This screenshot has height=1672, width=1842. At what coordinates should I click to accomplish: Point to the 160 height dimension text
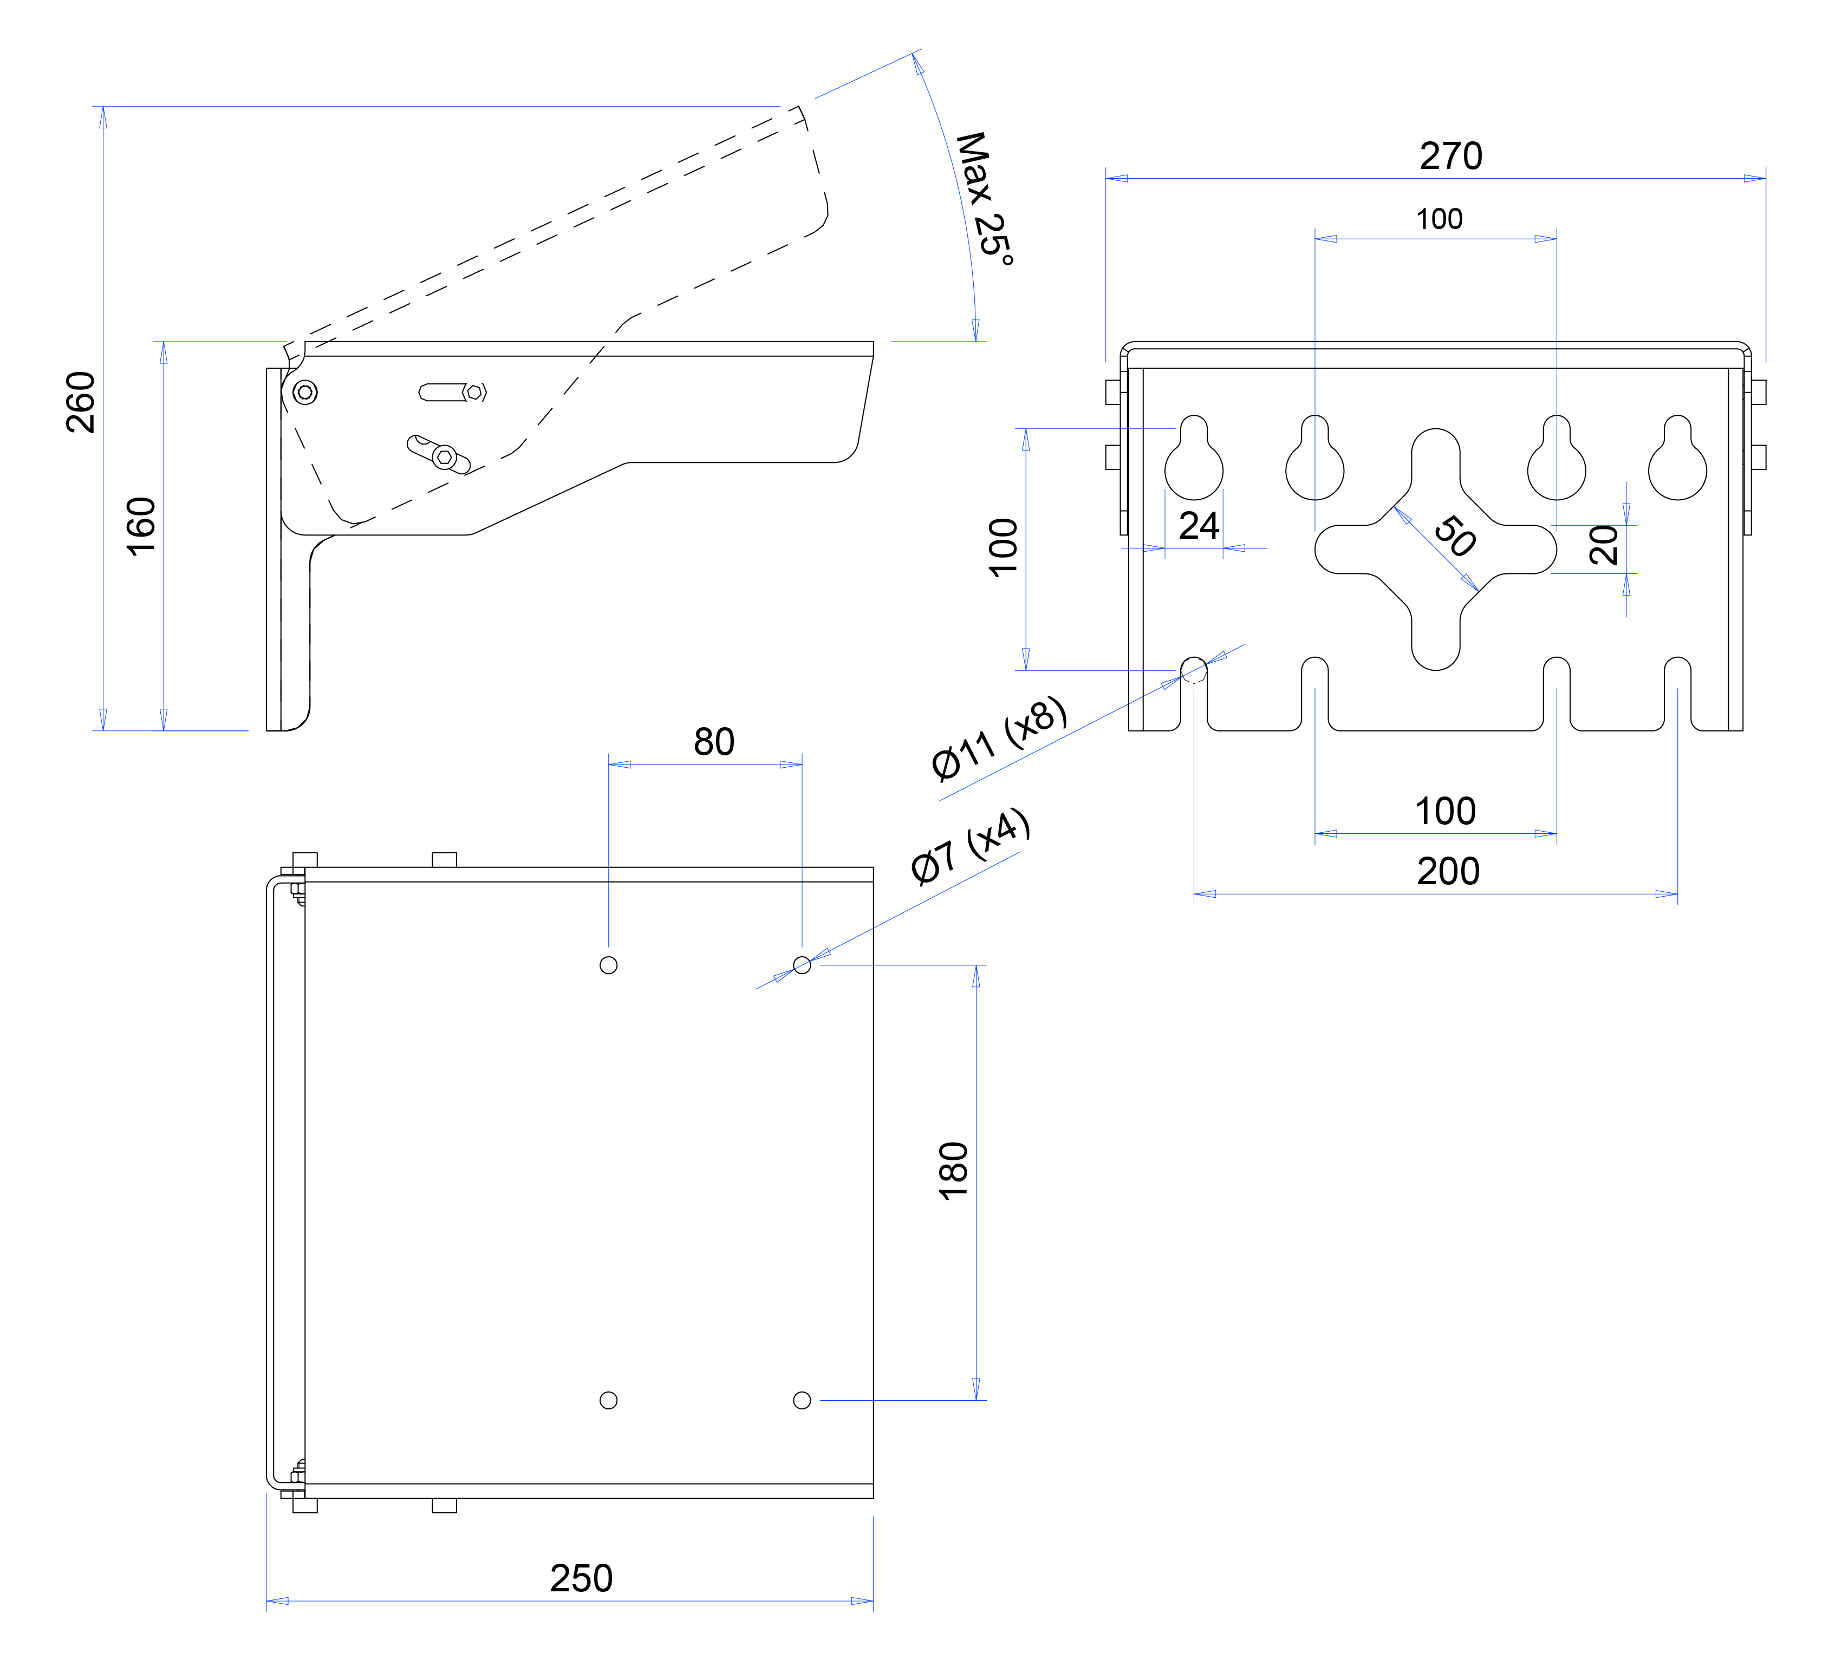coord(141,526)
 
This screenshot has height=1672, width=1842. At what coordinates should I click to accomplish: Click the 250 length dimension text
coord(581,1578)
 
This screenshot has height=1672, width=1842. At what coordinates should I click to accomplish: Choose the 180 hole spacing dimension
coord(953,1171)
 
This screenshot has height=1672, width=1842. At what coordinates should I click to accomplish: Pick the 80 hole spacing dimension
coord(714,742)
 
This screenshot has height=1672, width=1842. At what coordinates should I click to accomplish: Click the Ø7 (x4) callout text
coord(971,847)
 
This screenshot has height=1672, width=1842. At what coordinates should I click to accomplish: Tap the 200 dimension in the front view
coord(1448,871)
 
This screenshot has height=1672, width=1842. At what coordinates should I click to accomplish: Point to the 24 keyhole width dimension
coord(1199,525)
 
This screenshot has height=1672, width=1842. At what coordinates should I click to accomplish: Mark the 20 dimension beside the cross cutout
coord(1604,545)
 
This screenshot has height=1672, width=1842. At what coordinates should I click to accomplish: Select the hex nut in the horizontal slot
coord(474,392)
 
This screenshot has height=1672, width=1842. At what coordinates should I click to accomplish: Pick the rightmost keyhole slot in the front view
coord(1677,458)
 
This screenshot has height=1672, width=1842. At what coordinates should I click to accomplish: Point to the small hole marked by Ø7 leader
coord(802,965)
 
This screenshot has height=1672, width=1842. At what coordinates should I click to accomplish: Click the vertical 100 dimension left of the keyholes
coord(1003,547)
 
